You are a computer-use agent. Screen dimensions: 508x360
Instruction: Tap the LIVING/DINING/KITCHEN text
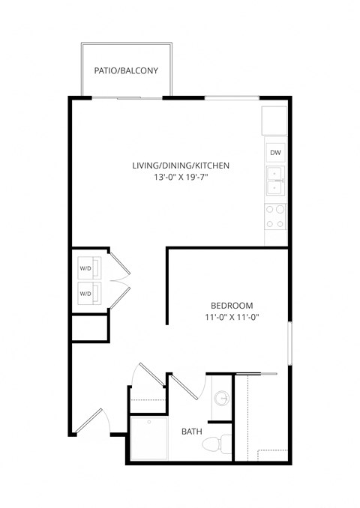[180, 166]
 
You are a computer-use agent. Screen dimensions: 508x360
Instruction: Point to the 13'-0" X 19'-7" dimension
[180, 178]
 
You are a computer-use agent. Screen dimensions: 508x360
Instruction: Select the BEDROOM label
[232, 306]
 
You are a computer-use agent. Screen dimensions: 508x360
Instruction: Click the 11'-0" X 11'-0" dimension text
[232, 318]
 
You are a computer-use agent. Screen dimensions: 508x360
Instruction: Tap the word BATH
[192, 432]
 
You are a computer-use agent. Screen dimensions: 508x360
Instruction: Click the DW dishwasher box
[276, 154]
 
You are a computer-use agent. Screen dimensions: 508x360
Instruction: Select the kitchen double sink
[276, 182]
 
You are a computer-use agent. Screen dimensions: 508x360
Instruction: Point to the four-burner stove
[276, 216]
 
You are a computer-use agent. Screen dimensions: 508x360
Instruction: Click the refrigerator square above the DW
[274, 121]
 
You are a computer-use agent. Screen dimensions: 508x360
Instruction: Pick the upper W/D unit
[85, 268]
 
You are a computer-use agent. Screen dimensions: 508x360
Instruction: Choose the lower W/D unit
[85, 294]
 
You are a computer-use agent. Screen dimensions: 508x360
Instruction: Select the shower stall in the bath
[149, 438]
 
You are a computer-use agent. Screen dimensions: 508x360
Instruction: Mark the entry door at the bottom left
[89, 421]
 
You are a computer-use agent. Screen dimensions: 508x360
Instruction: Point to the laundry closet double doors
[120, 281]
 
